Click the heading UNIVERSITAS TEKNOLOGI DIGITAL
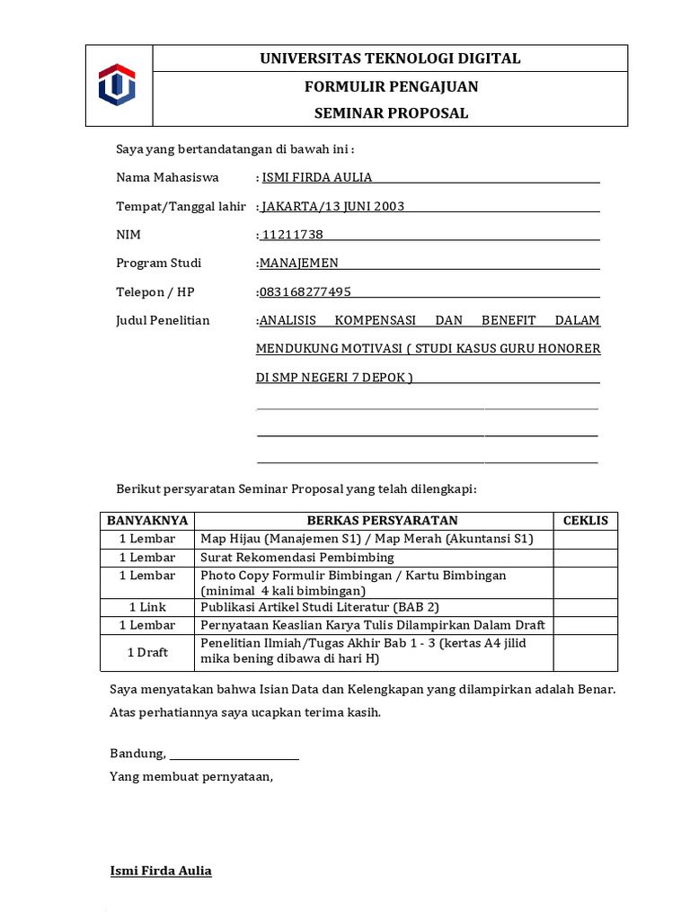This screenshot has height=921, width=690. [x=390, y=58]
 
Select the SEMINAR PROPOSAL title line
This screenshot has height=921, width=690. [x=390, y=113]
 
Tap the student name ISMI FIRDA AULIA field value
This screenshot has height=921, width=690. [x=316, y=177]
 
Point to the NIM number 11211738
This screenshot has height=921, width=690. [x=292, y=235]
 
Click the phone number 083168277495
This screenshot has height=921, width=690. [x=305, y=292]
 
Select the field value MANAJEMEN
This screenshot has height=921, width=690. [x=298, y=264]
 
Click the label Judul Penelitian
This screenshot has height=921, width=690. [x=163, y=320]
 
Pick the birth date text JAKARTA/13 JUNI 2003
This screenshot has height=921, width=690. [x=332, y=206]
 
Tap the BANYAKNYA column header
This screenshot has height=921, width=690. [x=147, y=521]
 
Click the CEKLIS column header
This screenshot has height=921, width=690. [x=585, y=521]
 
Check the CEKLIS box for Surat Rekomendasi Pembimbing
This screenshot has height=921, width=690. [x=585, y=558]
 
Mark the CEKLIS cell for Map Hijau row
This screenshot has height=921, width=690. [x=585, y=539]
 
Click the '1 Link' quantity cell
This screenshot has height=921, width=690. [x=147, y=607]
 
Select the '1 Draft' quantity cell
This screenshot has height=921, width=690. [x=147, y=652]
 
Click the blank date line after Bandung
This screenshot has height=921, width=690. [x=234, y=754]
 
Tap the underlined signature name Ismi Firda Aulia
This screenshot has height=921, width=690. [x=161, y=871]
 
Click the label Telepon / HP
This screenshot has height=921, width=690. [x=155, y=292]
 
